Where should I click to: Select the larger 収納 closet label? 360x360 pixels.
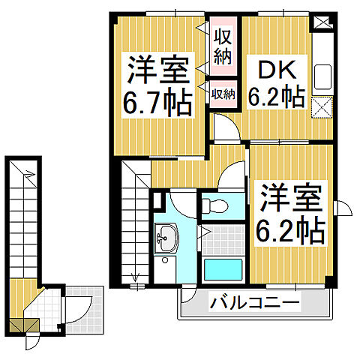[x=221, y=46]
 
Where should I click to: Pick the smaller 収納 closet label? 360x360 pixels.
[x=222, y=94]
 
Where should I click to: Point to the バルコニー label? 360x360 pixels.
[x=255, y=304]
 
